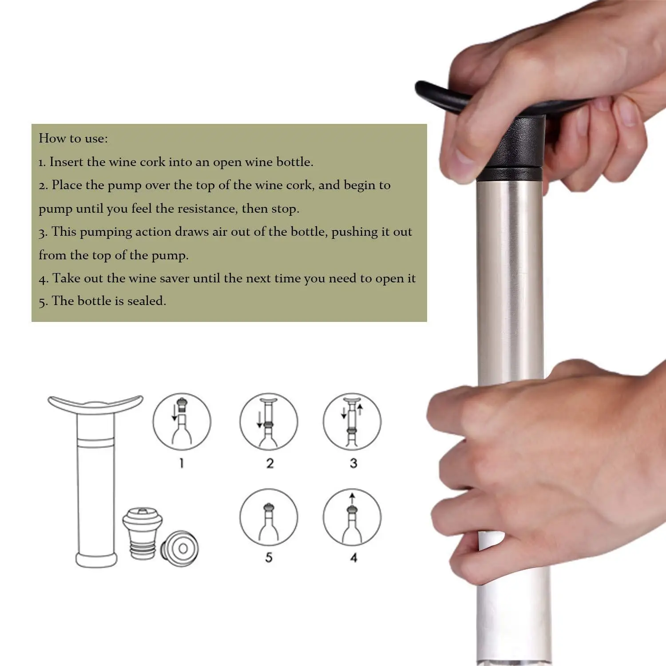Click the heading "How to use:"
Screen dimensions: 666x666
pyautogui.click(x=73, y=139)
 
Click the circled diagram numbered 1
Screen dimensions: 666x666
pyautogui.click(x=182, y=421)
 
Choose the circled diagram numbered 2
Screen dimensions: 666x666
pyautogui.click(x=269, y=421)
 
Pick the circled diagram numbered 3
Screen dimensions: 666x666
pyautogui.click(x=352, y=421)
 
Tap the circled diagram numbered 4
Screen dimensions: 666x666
pyautogui.click(x=352, y=517)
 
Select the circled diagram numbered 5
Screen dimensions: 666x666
pyautogui.click(x=269, y=517)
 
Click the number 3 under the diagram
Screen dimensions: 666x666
pyautogui.click(x=353, y=464)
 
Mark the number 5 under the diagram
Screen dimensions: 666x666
pyautogui.click(x=269, y=558)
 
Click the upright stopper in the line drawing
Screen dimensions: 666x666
pyautogui.click(x=143, y=533)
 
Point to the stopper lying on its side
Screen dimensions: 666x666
pyautogui.click(x=180, y=549)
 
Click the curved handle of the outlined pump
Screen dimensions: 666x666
pyautogui.click(x=95, y=404)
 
